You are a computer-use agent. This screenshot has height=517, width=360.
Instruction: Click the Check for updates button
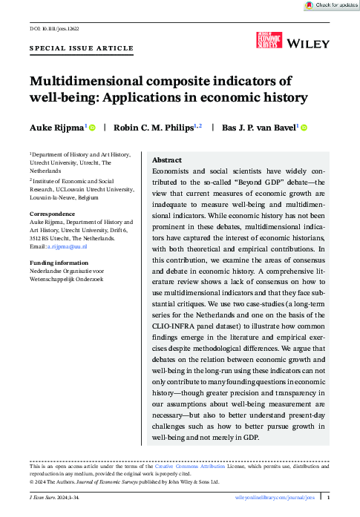point(330,5)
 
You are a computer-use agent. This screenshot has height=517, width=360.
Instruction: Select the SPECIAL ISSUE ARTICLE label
point(82,48)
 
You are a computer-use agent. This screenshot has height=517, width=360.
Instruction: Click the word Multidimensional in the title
point(84,82)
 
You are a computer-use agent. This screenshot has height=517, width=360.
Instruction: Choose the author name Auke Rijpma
point(56,128)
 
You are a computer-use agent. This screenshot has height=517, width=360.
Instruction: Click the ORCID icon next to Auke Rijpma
point(93,128)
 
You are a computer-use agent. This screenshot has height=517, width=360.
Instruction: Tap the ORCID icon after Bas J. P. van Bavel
point(304,128)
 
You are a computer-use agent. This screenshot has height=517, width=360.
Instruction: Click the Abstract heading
point(167,160)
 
